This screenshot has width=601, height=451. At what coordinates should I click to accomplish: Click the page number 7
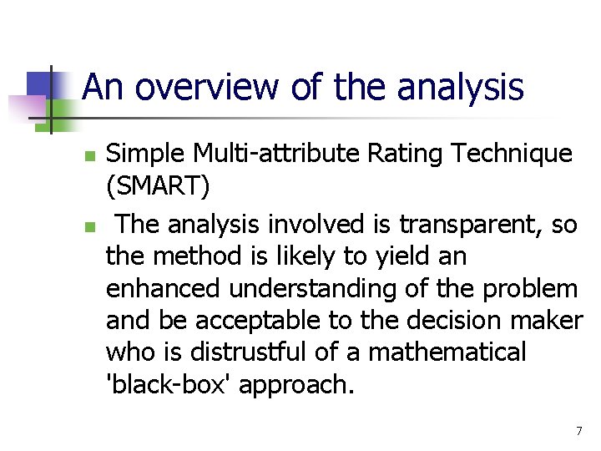tap(578, 431)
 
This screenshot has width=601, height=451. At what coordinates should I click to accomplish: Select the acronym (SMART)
tap(158, 186)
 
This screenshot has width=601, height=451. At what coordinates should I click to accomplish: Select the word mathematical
tap(447, 352)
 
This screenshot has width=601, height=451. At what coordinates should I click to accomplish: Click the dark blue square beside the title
tap(39, 84)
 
